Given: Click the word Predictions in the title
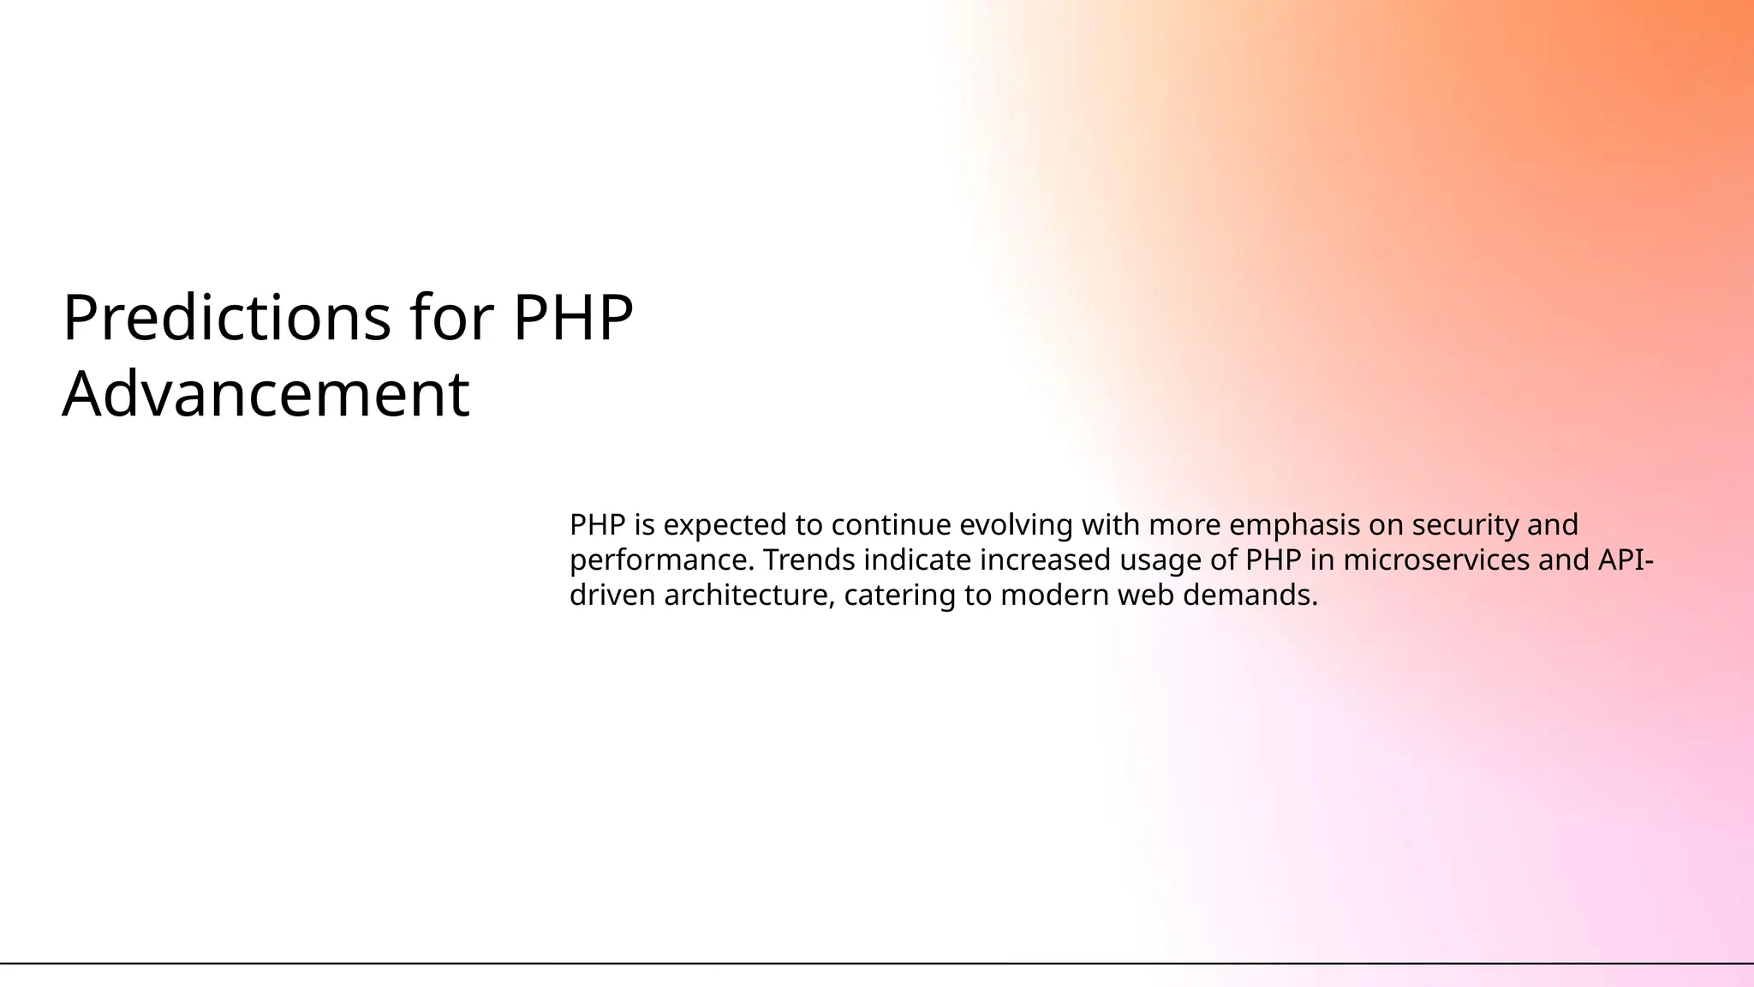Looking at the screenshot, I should [227, 319].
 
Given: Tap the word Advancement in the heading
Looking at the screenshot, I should [265, 394].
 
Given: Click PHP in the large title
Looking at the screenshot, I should [572, 319].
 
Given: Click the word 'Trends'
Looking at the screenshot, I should [808, 560].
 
